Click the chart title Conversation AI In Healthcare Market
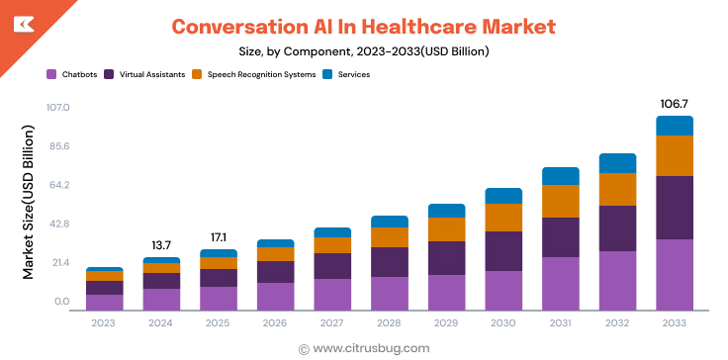pyautogui.click(x=363, y=26)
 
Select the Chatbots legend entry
pyautogui.click(x=72, y=74)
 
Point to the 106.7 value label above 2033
pyautogui.click(x=675, y=103)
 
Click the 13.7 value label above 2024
pyautogui.click(x=161, y=244)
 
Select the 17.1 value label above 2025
pyautogui.click(x=219, y=237)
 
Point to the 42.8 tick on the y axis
pyautogui.click(x=58, y=225)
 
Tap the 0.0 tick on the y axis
pyautogui.click(x=61, y=302)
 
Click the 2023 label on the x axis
pyautogui.click(x=104, y=322)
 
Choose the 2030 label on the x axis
pyautogui.click(x=503, y=322)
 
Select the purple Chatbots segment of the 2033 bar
pyautogui.click(x=675, y=274)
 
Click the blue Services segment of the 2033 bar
pyautogui.click(x=675, y=126)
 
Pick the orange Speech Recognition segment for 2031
pyautogui.click(x=561, y=201)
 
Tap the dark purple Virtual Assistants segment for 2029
pyautogui.click(x=446, y=258)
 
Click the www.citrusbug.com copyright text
pyautogui.click(x=364, y=348)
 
